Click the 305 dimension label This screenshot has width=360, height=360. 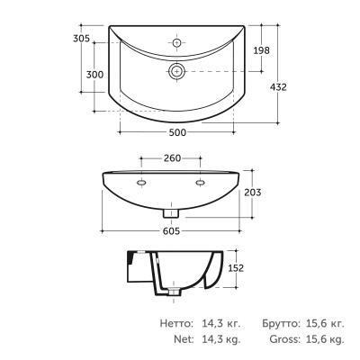(x=82, y=39)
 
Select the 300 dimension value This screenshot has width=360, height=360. (x=94, y=75)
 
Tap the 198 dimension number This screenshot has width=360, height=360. (x=262, y=50)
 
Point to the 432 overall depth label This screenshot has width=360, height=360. (x=278, y=87)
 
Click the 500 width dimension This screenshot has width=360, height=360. (x=177, y=132)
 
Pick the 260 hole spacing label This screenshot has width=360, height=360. (x=173, y=157)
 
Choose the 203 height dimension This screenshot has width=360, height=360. (x=253, y=193)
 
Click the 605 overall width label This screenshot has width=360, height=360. (x=171, y=231)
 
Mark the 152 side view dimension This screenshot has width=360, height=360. (x=236, y=268)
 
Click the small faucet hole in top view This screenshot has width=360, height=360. (x=177, y=42)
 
